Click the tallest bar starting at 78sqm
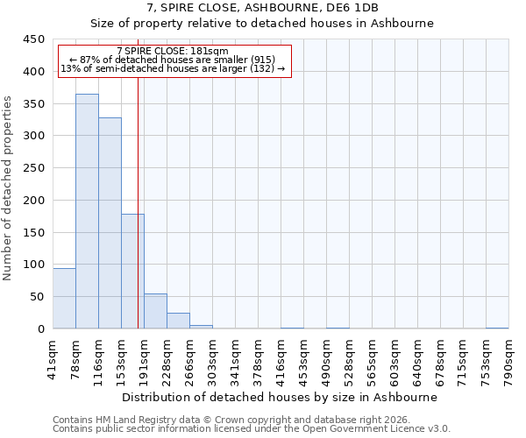pos(87,211)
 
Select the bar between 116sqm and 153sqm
pos(110,223)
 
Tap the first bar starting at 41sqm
pos(64,298)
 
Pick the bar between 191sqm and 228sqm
pos(155,311)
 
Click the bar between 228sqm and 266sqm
pos(178,321)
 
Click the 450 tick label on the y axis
pos(33,39)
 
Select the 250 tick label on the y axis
pos(33,168)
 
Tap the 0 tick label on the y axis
pos(40,329)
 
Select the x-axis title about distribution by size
pos(281,397)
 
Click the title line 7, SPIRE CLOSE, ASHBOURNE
pos(262,7)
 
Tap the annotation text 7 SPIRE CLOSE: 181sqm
pos(172,51)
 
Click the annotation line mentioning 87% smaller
pos(172,60)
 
